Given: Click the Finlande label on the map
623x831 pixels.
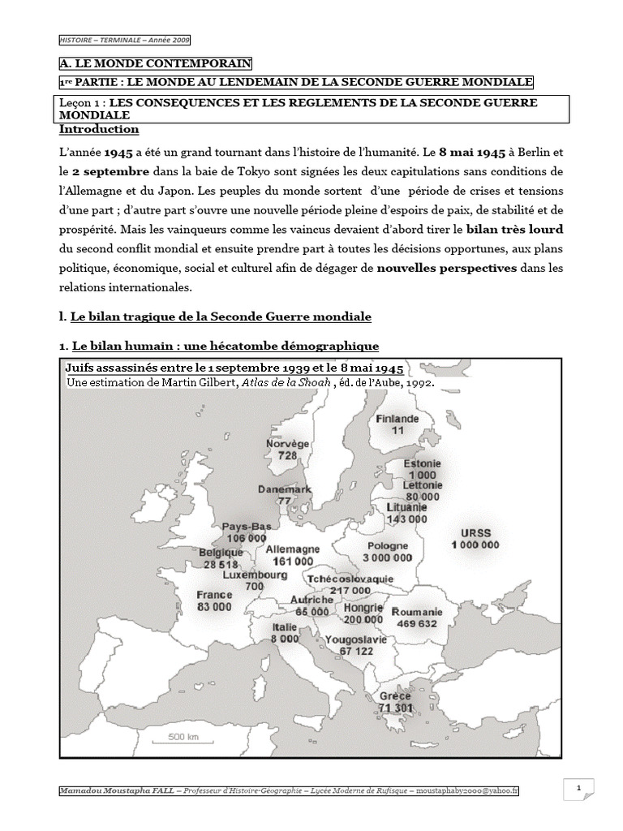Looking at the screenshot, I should pos(397,419).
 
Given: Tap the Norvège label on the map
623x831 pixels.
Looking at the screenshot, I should pos(287,445).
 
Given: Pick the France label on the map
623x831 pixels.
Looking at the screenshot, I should pos(213,594).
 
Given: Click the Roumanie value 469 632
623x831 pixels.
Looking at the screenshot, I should pos(417,624).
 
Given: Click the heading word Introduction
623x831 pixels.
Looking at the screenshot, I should pos(98,130).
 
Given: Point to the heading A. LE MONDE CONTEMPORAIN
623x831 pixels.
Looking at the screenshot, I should pos(155,62).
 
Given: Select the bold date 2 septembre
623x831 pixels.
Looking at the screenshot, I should pos(110,172).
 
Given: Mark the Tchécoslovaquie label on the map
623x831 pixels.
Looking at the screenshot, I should pos(350,579).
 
